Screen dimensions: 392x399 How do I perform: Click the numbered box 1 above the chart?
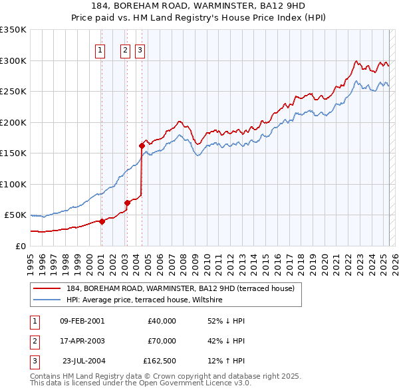[x=100, y=49]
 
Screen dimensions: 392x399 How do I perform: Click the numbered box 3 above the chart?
[x=140, y=49]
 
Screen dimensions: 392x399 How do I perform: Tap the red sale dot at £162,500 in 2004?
[x=142, y=146]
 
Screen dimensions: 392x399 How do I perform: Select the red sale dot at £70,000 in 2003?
[x=127, y=203]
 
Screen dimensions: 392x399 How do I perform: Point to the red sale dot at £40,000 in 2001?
[x=102, y=221]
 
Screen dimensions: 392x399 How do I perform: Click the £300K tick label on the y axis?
[x=13, y=60]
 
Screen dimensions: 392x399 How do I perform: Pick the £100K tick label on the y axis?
[x=13, y=184]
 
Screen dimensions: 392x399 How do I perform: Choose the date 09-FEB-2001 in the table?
[x=82, y=321]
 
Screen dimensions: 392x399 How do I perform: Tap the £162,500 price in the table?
[x=159, y=362]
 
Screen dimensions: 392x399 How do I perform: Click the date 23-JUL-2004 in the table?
[x=83, y=362]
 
